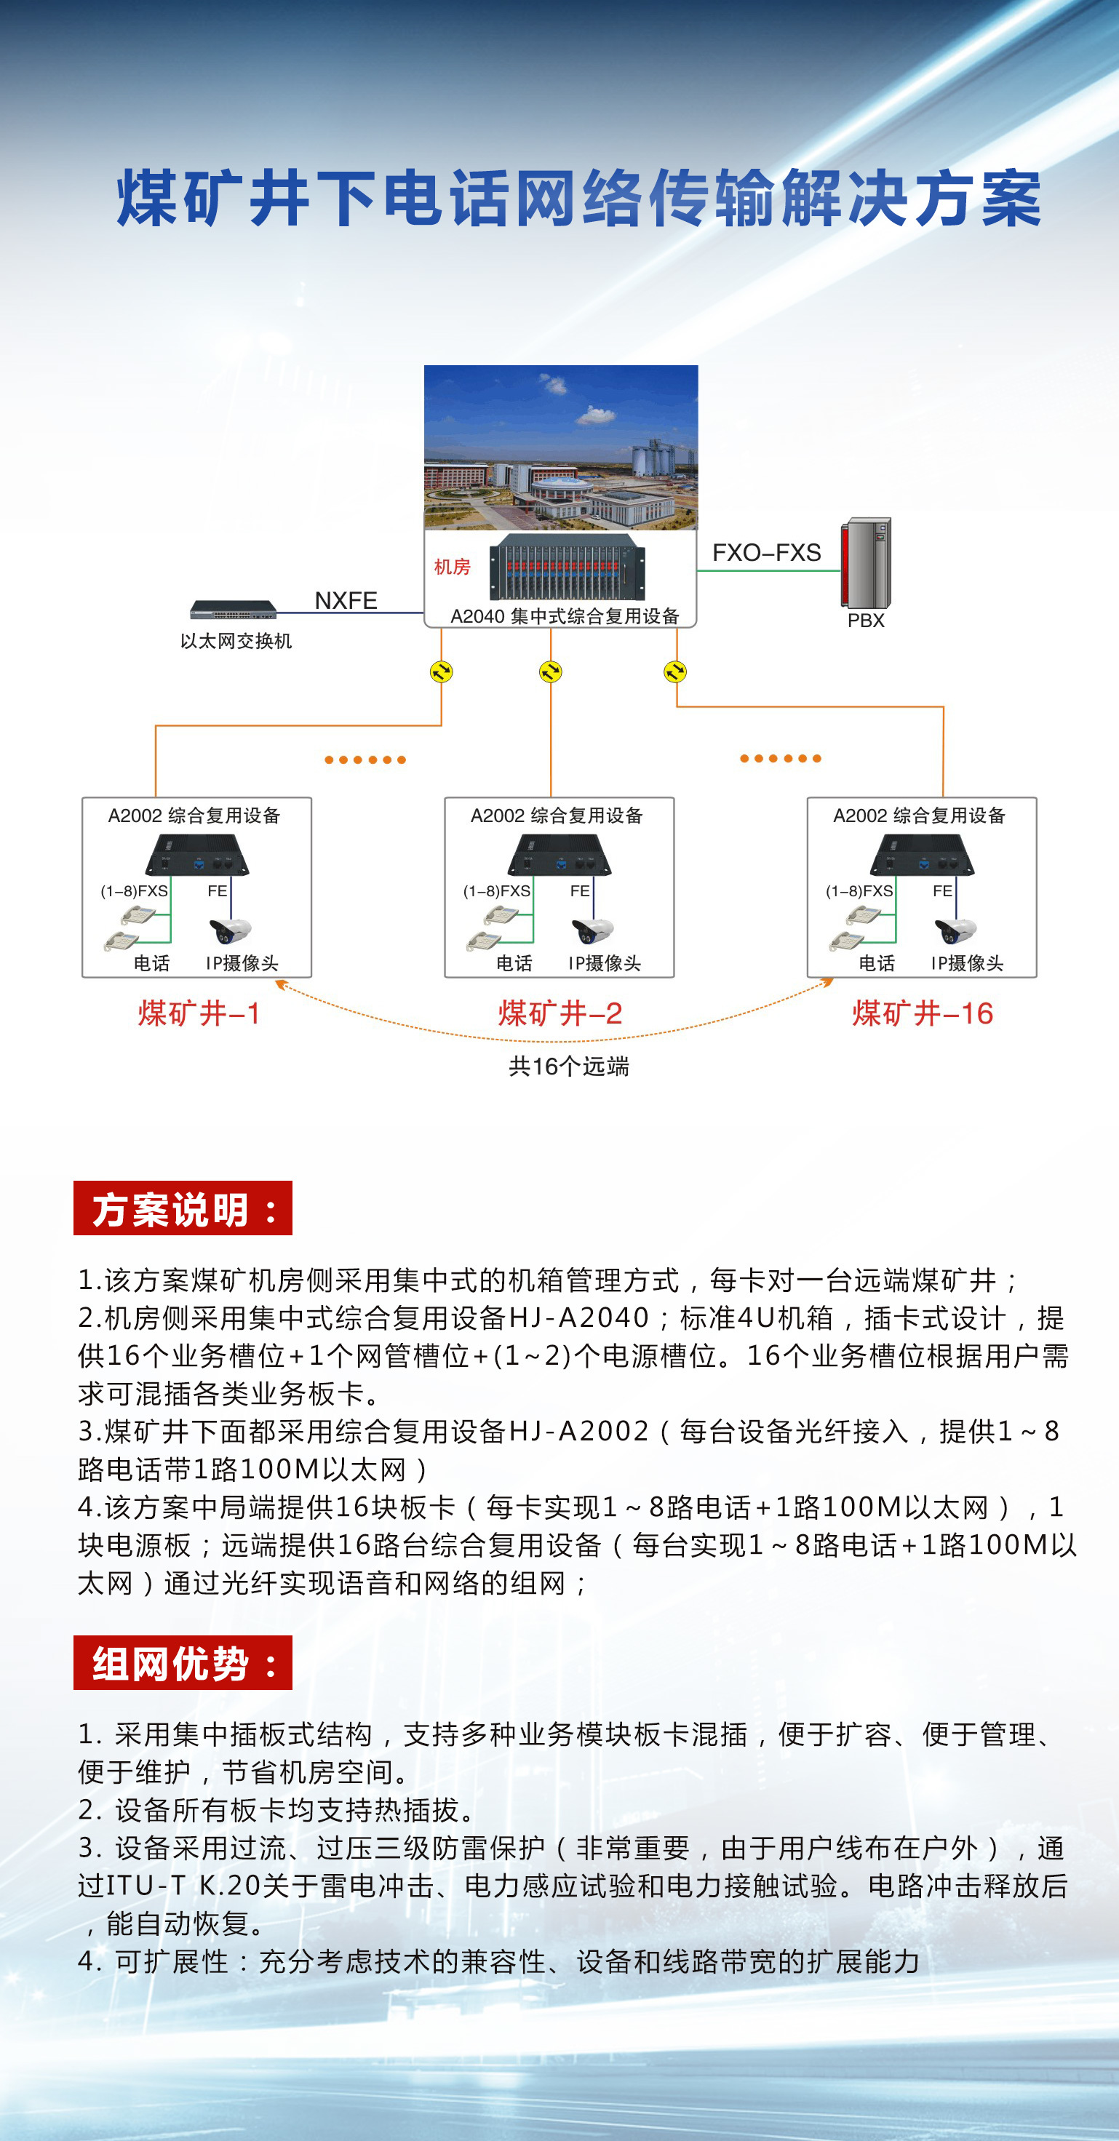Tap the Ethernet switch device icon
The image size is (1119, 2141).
[233, 610]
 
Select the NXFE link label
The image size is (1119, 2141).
[346, 600]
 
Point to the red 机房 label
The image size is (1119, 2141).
[453, 567]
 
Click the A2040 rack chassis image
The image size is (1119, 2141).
[567, 567]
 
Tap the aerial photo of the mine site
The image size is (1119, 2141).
[560, 447]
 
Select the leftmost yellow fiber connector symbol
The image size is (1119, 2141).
[442, 671]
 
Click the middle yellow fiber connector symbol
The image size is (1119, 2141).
[550, 671]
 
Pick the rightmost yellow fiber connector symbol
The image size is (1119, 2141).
[675, 671]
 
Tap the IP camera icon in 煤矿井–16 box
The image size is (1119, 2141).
[955, 931]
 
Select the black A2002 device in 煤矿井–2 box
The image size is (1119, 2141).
[559, 856]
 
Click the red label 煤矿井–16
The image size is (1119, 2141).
[922, 1013]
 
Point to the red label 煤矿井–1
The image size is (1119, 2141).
[199, 1013]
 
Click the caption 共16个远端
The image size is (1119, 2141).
[569, 1066]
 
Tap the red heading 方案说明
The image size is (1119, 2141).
[183, 1208]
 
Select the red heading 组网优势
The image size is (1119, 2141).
[183, 1663]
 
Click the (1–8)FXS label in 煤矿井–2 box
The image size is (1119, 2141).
[496, 891]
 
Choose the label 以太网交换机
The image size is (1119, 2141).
[236, 641]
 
